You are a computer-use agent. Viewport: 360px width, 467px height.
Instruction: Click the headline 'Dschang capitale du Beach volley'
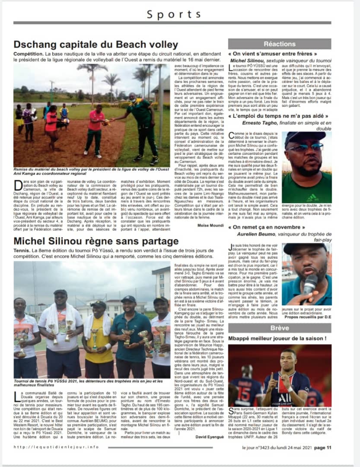(96, 45)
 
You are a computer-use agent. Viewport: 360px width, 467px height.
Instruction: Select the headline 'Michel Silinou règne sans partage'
(96, 241)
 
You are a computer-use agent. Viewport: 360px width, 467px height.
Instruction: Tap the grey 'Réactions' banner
(280, 44)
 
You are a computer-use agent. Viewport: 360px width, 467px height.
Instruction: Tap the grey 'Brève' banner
(280, 328)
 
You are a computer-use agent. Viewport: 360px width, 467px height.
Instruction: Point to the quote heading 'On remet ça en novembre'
(268, 227)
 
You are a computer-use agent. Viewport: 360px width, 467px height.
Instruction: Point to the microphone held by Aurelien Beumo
(310, 283)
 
